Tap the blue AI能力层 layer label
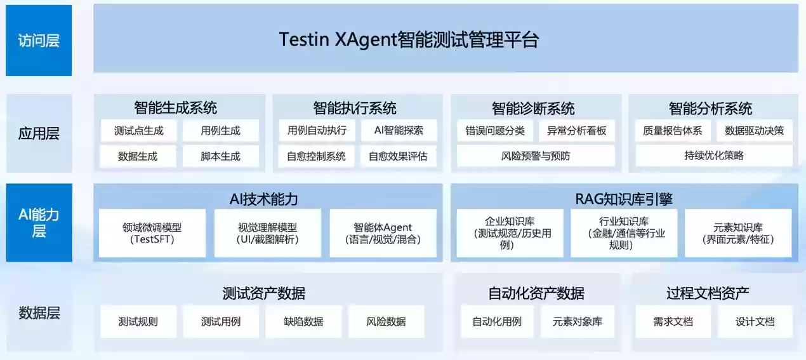(x=39, y=222)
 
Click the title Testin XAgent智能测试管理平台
(x=409, y=39)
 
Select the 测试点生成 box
(x=138, y=131)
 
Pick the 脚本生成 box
(x=221, y=156)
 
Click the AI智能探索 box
(x=399, y=131)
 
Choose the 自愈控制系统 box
(x=316, y=156)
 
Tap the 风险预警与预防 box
(x=536, y=156)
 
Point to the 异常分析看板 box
(x=577, y=131)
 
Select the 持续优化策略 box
(x=714, y=156)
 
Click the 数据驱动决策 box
(x=755, y=131)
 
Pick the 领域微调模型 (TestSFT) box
(x=152, y=233)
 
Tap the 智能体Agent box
(x=383, y=233)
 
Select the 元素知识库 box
(x=738, y=233)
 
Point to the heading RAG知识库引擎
(x=624, y=199)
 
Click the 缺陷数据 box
(x=303, y=321)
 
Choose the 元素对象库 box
(x=577, y=321)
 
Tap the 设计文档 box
(x=755, y=321)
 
